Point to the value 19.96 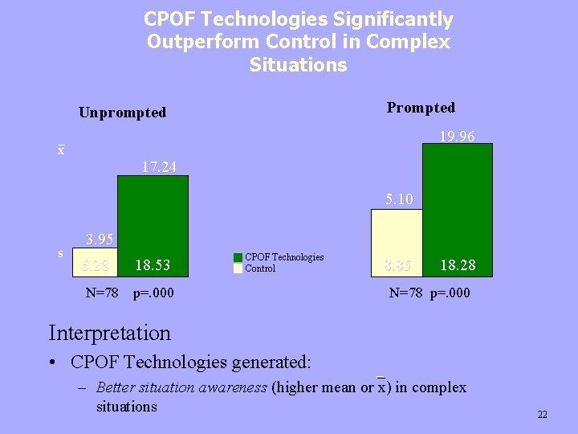(x=457, y=137)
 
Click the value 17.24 (x=159, y=167)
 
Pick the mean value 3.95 (x=100, y=239)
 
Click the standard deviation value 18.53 (x=153, y=265)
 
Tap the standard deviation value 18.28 (x=458, y=265)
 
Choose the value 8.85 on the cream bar (x=397, y=265)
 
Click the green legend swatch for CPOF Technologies (x=238, y=258)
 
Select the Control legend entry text (x=260, y=268)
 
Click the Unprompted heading (x=122, y=113)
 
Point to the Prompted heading (x=421, y=108)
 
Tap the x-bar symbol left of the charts (x=61, y=150)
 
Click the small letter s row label (x=61, y=253)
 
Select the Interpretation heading (x=109, y=332)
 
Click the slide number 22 (x=542, y=415)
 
